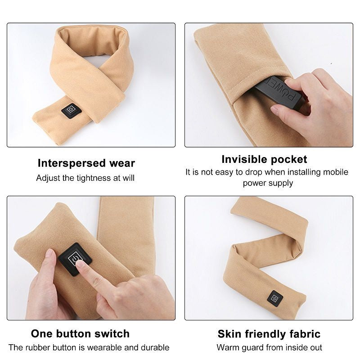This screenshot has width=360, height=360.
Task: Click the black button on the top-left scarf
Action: (71, 110)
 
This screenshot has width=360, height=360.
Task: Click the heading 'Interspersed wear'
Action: (86, 163)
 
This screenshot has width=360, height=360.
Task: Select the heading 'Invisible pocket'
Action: (264, 159)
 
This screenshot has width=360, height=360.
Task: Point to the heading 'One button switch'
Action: (80, 333)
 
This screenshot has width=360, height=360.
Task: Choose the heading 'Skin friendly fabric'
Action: (269, 334)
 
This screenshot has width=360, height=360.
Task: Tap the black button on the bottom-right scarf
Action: (275, 297)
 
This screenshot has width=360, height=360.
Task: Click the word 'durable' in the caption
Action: (154, 347)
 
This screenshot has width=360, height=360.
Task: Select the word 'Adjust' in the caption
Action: (48, 177)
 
